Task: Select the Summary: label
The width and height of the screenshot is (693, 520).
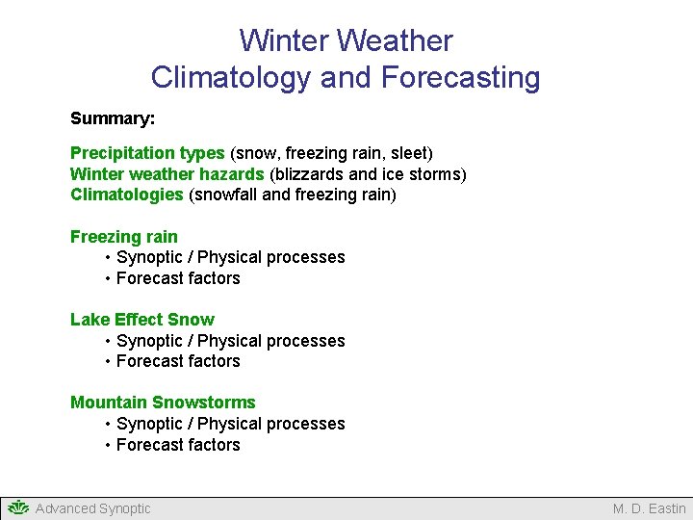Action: (113, 119)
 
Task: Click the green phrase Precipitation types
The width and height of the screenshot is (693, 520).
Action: (147, 153)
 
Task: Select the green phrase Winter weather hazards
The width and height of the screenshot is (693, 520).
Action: (167, 174)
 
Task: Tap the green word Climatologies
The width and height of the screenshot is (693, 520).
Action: (126, 195)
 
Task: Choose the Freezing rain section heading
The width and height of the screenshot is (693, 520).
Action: (124, 237)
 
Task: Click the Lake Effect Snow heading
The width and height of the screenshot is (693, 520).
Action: (142, 320)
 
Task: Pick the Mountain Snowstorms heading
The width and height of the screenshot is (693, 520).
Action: (163, 403)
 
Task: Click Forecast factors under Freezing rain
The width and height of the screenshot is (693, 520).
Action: (178, 278)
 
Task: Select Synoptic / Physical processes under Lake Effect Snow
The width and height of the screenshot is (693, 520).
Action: (230, 341)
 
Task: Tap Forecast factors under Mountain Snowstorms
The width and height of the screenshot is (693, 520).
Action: (178, 445)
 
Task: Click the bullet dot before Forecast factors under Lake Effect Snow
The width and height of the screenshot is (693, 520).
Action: (108, 362)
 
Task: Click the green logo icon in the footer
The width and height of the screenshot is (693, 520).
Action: (17, 507)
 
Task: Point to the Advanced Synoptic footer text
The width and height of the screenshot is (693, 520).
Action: (92, 508)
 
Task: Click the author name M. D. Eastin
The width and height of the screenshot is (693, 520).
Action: (649, 508)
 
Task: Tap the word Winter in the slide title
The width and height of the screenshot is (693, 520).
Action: (285, 41)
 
